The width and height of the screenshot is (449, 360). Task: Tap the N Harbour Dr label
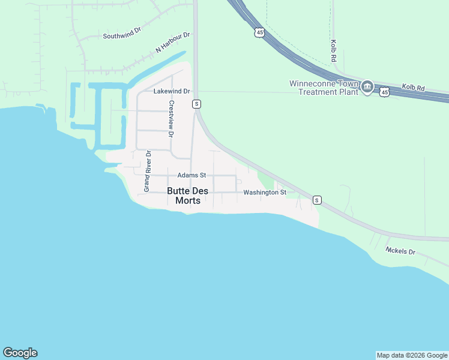[172, 42]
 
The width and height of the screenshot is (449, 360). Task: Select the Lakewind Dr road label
[172, 92]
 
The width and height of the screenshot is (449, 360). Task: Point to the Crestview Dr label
[171, 118]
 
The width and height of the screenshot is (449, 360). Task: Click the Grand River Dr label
[146, 172]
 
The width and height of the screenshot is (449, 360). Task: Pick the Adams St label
[191, 175]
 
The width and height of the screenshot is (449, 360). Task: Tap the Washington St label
[265, 193]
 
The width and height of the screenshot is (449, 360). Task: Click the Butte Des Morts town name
[188, 196]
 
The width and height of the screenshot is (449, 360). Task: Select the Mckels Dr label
[400, 251]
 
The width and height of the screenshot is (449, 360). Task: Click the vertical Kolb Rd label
[333, 52]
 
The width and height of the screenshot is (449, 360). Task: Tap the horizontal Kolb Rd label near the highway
[413, 88]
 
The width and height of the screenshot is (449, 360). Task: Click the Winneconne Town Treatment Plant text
[324, 88]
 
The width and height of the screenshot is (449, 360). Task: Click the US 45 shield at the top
[259, 32]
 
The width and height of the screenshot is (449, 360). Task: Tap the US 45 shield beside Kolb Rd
[384, 91]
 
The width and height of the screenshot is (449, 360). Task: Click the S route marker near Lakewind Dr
[196, 104]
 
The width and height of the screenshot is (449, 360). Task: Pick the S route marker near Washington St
[317, 200]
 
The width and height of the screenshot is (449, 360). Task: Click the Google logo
[20, 353]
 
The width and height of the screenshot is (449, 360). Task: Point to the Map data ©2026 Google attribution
[412, 355]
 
